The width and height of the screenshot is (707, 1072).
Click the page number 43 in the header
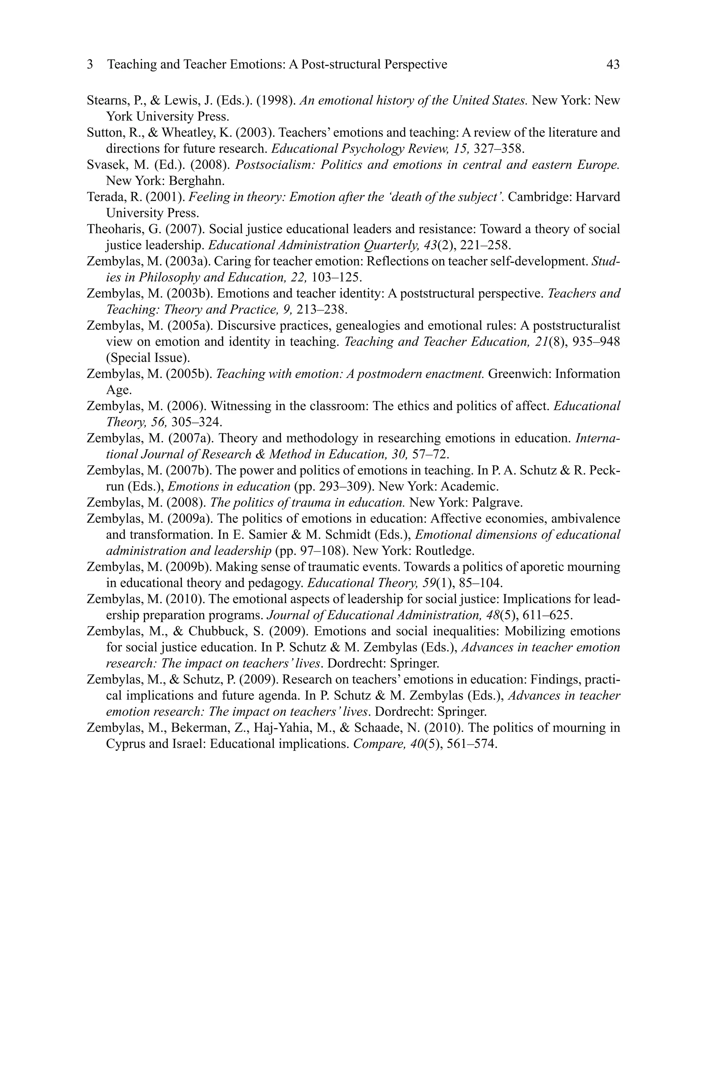(x=613, y=65)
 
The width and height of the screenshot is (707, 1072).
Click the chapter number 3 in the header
(x=90, y=65)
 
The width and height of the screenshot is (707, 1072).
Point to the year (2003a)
(x=188, y=261)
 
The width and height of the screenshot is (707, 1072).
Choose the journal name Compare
(x=371, y=744)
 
